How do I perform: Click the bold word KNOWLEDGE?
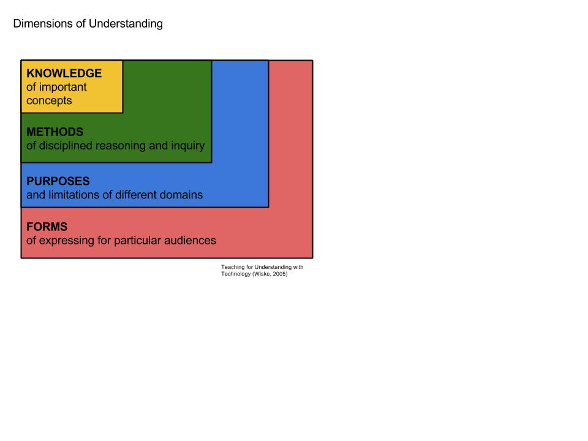click(x=64, y=73)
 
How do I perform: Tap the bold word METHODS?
click(x=55, y=132)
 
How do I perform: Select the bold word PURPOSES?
click(x=58, y=181)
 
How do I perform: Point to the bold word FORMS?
click(x=47, y=227)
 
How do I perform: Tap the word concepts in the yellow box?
click(x=49, y=100)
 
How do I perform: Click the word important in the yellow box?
click(x=63, y=87)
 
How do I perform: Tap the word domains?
click(x=181, y=195)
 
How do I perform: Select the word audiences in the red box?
click(x=190, y=240)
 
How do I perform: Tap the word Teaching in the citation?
click(x=232, y=267)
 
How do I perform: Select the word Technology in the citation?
click(x=236, y=274)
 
